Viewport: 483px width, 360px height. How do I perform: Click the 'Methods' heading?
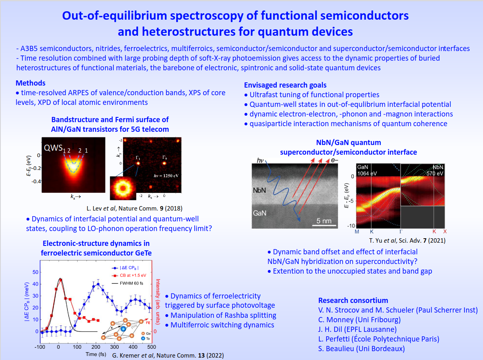[x=31, y=83]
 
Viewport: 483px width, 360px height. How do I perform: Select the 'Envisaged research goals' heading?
[x=285, y=85]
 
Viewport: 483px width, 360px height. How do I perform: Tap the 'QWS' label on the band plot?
[x=53, y=148]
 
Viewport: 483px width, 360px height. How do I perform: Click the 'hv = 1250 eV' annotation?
[x=166, y=176]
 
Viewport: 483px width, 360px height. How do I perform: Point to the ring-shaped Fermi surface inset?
[x=123, y=188]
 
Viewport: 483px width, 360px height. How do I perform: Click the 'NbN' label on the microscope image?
[x=259, y=190]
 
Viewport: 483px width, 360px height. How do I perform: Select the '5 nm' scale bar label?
[x=324, y=221]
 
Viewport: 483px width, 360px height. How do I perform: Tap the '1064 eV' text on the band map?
[x=367, y=174]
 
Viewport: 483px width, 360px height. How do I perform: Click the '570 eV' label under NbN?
[x=435, y=174]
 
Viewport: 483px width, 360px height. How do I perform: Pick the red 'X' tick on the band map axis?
[x=445, y=231]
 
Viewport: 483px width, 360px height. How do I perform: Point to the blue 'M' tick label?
[x=357, y=231]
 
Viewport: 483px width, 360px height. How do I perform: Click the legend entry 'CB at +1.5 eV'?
[x=133, y=275]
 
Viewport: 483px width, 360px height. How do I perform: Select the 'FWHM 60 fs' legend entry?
[x=132, y=283]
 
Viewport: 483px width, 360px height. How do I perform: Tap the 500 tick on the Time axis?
[x=151, y=347]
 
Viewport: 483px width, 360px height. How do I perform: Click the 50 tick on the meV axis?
[x=35, y=272]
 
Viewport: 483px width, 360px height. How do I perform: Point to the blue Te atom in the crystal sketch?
[x=123, y=329]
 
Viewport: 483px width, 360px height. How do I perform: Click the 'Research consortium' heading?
[x=353, y=300]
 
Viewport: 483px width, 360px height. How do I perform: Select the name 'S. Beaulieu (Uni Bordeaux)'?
[x=361, y=349]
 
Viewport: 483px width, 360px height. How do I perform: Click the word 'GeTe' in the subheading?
[x=143, y=253]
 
